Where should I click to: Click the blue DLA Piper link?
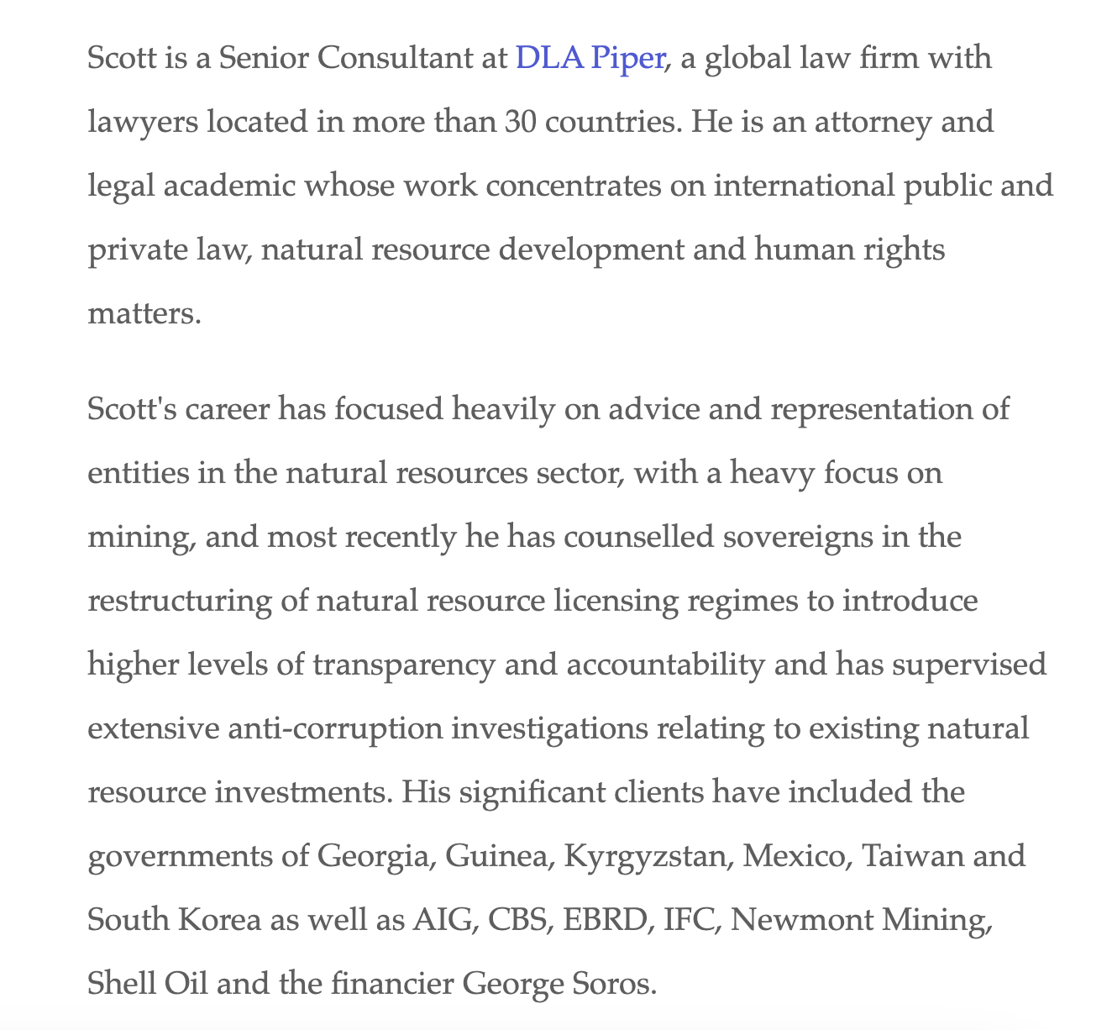pos(590,59)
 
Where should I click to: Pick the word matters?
pos(144,313)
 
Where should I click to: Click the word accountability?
pos(665,665)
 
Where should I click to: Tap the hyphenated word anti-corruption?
pos(334,728)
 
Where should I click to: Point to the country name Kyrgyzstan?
pos(648,856)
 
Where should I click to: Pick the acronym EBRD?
pos(606,920)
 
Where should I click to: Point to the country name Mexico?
pos(795,856)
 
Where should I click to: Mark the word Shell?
pos(117,983)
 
